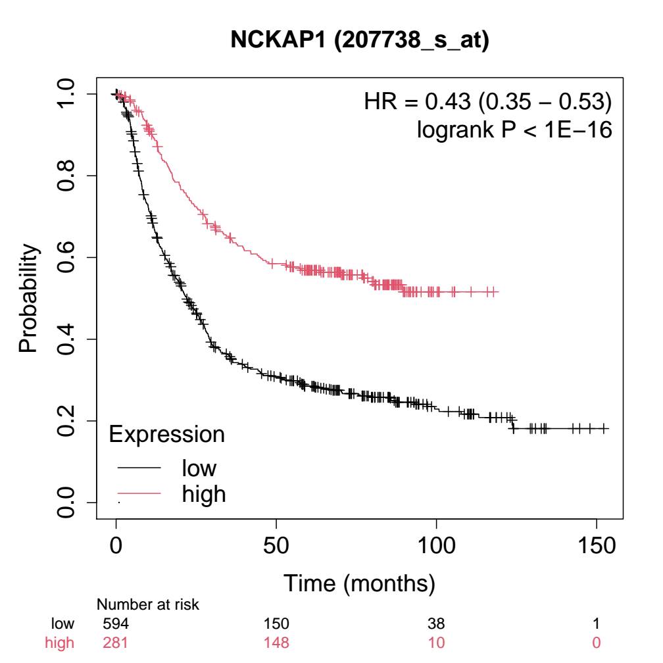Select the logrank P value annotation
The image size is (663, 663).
coord(515,130)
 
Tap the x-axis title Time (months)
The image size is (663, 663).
coord(359,582)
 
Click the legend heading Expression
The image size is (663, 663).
coord(166,434)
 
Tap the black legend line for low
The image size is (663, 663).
coord(139,468)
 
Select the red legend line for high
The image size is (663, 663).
coord(139,493)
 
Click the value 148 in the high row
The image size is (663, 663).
coord(276,641)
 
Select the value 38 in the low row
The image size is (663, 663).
coord(436,624)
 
